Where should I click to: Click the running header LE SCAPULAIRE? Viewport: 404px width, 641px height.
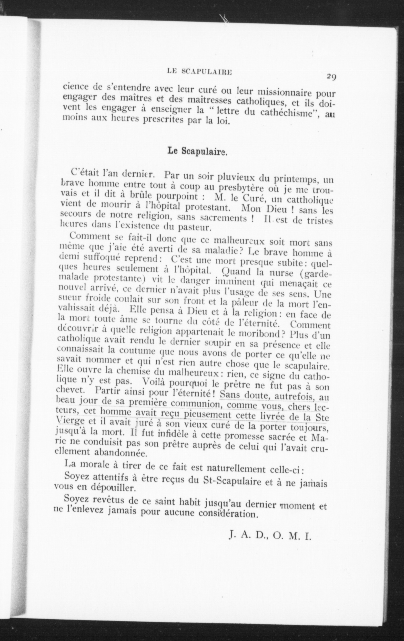[x=199, y=71]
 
